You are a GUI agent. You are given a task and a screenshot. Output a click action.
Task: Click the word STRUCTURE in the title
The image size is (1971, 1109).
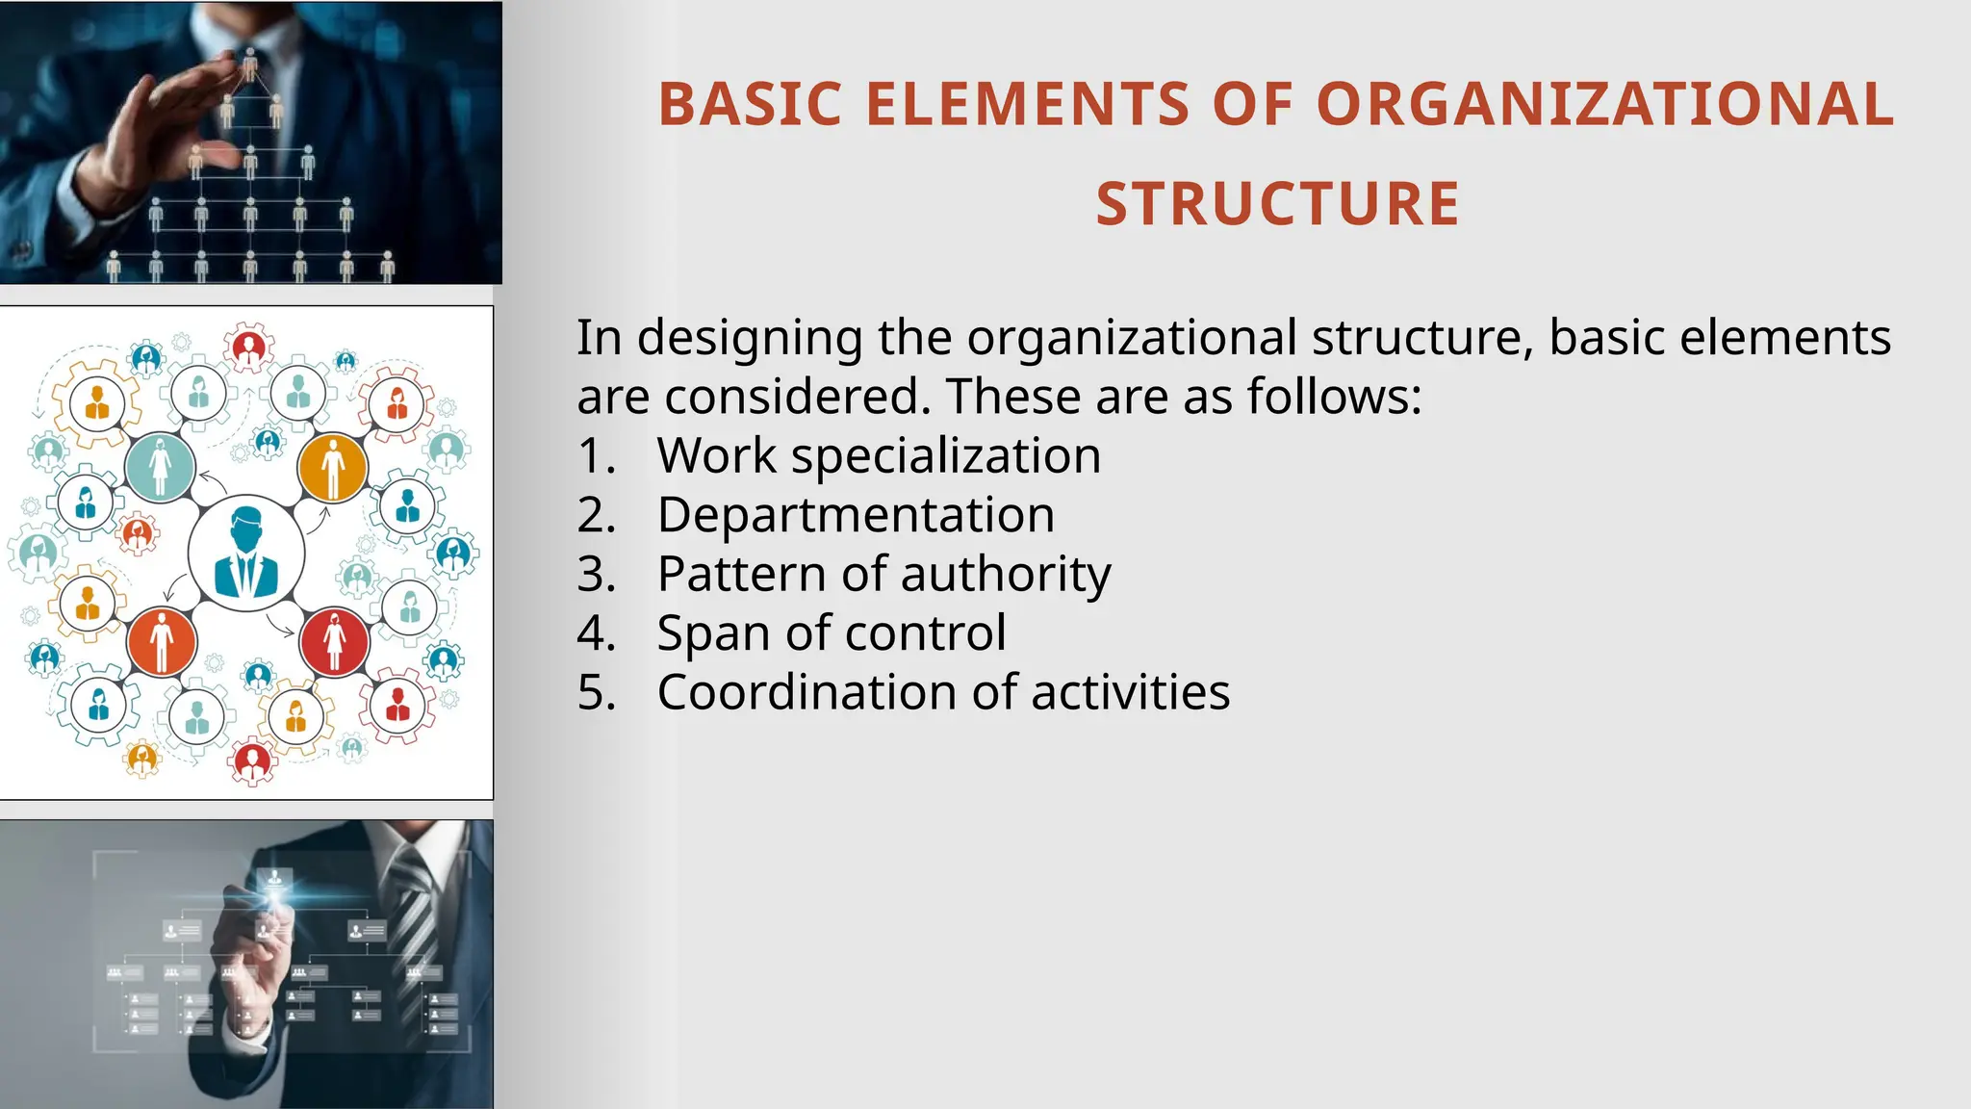[x=1277, y=204]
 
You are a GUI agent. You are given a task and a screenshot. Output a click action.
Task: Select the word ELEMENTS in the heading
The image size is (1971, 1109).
[x=1027, y=104]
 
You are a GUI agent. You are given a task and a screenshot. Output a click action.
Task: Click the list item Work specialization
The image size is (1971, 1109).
[x=879, y=455]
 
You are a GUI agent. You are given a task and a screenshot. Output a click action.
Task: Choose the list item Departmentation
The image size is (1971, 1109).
[x=856, y=515]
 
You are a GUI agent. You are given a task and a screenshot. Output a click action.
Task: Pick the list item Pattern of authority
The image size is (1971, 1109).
[x=883, y=574]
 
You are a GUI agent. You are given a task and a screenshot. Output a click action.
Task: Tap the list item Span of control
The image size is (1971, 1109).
[x=832, y=633]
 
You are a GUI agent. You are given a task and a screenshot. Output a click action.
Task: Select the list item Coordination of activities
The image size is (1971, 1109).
[x=943, y=692]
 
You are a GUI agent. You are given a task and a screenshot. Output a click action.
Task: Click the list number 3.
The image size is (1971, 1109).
[x=596, y=574]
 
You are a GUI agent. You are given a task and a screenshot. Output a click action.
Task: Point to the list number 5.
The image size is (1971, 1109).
[x=596, y=692]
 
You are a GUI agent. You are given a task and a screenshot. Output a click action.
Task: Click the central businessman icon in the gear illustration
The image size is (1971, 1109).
[x=246, y=554]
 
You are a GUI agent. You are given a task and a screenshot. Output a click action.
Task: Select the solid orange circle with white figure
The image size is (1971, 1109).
[x=333, y=468]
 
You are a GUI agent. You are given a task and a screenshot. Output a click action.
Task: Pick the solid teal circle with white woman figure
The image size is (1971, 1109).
[x=160, y=468]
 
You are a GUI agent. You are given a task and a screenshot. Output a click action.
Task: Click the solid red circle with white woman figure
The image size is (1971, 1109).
[x=334, y=641]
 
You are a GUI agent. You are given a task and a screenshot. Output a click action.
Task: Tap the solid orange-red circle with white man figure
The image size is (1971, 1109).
[x=162, y=641]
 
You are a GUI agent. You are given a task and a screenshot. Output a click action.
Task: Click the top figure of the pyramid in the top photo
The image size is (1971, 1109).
[x=250, y=64]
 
